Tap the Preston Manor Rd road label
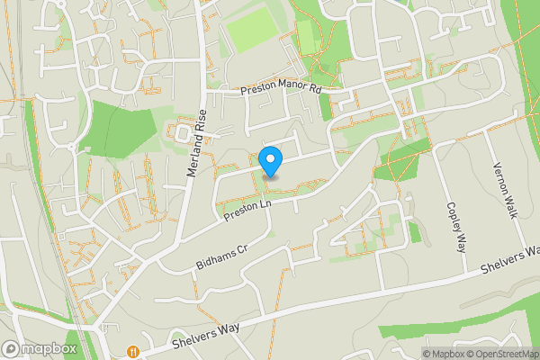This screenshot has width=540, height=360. (281, 90)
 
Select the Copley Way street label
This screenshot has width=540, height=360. (455, 226)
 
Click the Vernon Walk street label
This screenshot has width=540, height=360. (504, 190)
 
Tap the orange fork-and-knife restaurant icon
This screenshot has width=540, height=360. (133, 351)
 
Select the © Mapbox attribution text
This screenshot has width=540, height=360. (447, 354)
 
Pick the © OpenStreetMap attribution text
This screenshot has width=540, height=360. (504, 354)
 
